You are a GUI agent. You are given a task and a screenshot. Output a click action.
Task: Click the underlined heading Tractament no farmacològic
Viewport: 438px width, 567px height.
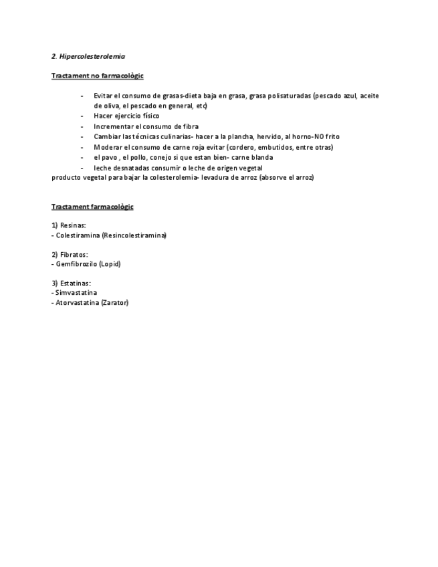pos(98,76)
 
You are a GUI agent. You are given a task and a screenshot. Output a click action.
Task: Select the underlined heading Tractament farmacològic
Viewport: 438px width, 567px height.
pos(92,207)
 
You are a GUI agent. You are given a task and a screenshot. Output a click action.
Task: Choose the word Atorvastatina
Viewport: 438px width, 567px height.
pos(78,303)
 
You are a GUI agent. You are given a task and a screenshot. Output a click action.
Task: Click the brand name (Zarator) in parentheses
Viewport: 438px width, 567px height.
pos(115,303)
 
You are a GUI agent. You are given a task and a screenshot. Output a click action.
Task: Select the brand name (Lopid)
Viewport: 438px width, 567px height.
pos(109,264)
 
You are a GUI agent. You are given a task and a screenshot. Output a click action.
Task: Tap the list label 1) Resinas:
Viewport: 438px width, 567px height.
pos(69,226)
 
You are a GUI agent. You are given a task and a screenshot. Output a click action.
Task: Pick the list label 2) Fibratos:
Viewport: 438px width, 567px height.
pos(70,255)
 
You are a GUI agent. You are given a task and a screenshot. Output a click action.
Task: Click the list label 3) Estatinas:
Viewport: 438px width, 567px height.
pos(71,283)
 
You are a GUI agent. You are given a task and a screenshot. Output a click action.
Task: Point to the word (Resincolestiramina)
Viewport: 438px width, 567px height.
pos(134,235)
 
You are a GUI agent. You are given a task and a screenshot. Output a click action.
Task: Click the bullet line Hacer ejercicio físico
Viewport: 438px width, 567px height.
pos(126,116)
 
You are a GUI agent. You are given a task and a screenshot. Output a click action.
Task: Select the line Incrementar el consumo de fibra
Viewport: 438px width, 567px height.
pos(146,126)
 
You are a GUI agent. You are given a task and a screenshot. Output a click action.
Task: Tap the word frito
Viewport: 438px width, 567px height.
pos(332,136)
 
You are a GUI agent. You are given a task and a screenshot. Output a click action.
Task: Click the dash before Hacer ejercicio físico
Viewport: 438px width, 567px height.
pos(82,116)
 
